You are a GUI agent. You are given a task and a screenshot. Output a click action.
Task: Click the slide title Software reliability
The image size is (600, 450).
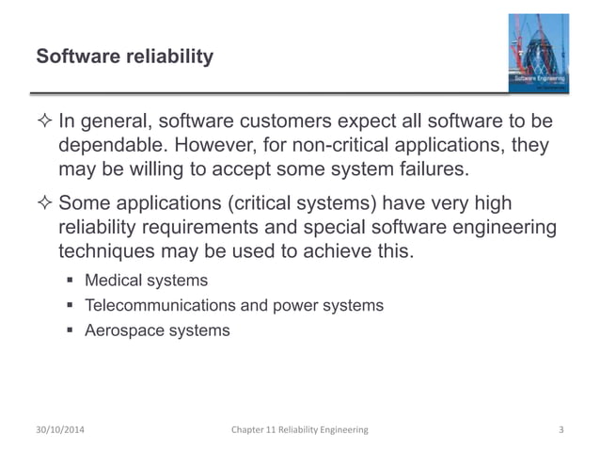(x=124, y=57)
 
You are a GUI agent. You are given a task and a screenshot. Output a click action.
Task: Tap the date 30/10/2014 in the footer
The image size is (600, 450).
(x=66, y=429)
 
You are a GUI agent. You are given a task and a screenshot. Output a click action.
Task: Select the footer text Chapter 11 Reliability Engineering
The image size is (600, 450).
(x=300, y=429)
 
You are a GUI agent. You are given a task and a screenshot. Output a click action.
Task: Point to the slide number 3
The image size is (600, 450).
(x=561, y=429)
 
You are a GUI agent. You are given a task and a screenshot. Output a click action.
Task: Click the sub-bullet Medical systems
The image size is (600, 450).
(x=146, y=281)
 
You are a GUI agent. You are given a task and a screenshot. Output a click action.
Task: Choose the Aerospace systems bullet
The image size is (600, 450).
(x=156, y=330)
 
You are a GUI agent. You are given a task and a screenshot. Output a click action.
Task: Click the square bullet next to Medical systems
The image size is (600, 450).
(x=71, y=281)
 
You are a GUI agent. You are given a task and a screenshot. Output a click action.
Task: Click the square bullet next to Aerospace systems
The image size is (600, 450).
(x=71, y=331)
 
